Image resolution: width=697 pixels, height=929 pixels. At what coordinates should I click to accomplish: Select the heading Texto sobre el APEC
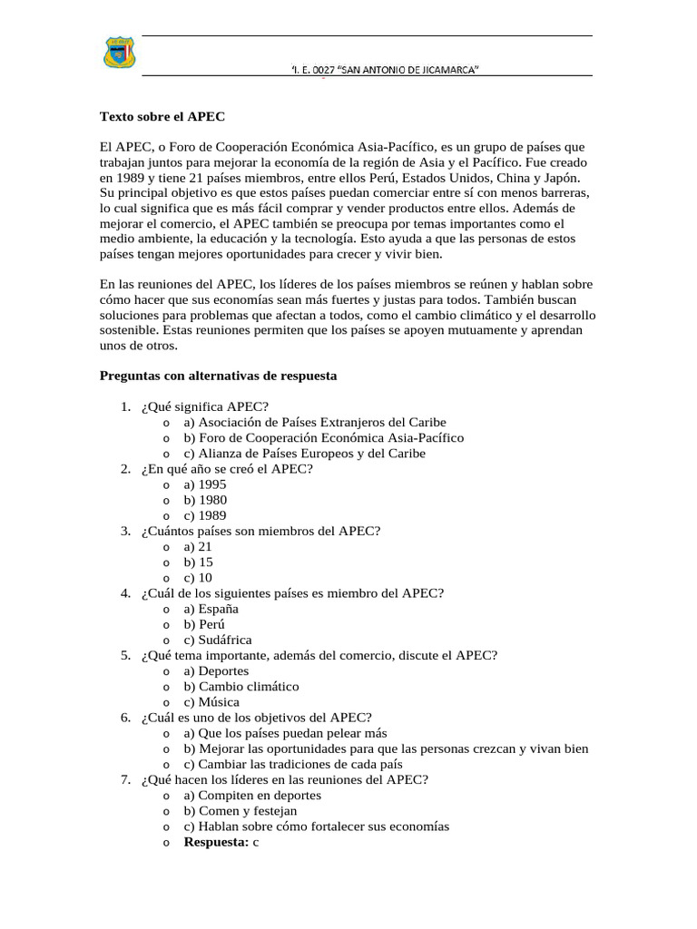pos(162,117)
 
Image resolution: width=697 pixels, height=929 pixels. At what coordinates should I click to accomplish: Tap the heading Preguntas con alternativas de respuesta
pos(218,375)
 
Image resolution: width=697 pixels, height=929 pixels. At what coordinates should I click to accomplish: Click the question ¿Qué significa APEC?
pos(204,406)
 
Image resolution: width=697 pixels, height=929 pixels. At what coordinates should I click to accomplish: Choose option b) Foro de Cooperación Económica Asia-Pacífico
pos(323,437)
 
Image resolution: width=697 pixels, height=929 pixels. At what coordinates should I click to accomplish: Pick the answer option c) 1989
pos(205,515)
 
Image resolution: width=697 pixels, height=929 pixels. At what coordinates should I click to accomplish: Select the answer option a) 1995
pos(205,484)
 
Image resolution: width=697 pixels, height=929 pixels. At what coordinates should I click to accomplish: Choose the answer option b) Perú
pos(204,624)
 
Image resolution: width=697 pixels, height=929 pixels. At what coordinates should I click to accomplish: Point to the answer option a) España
pos(211,609)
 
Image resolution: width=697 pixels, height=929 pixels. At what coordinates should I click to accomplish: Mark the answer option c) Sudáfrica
pos(218,640)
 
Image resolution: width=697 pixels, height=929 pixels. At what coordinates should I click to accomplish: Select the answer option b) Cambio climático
pos(241,687)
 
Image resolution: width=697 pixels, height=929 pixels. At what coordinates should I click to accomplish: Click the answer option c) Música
pos(211,702)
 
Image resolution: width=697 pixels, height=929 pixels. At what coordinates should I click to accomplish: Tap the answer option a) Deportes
pos(215,670)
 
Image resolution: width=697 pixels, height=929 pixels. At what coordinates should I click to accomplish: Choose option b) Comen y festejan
pos(241,811)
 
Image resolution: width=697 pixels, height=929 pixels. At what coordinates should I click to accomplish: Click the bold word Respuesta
pos(216,842)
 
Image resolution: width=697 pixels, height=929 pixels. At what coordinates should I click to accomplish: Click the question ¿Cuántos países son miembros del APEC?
pos(260,531)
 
